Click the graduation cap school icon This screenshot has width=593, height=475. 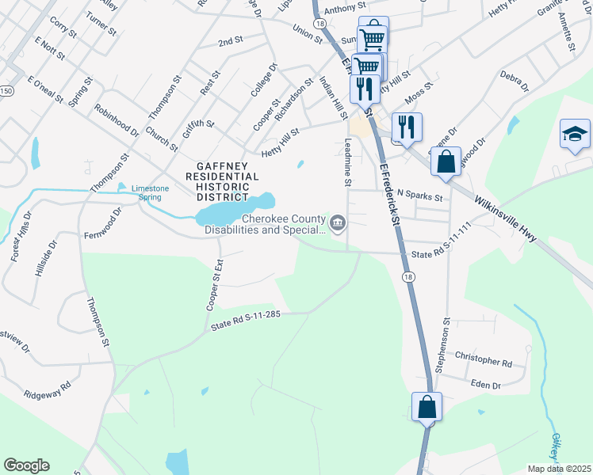point(575,134)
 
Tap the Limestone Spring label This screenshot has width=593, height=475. point(149,192)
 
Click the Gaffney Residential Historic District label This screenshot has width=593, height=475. point(217,180)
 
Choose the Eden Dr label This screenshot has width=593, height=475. point(485,386)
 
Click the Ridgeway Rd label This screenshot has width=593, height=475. point(47,393)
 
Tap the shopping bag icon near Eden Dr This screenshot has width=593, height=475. point(427,407)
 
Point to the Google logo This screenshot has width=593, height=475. point(26,465)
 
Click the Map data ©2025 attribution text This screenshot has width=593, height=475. point(559,469)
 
